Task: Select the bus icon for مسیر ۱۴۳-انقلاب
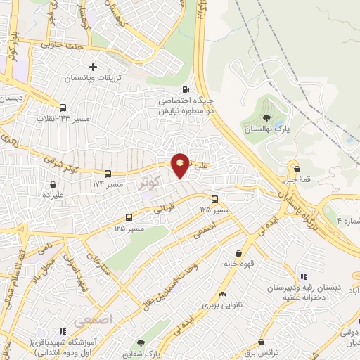point(63,108)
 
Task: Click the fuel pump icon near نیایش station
point(185,89)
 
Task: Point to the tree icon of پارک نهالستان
point(265,118)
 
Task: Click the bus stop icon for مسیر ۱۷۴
point(108,173)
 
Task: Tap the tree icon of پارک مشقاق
point(141,344)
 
